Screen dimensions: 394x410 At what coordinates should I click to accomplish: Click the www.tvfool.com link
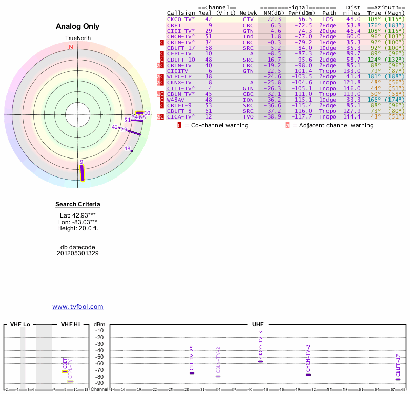pos(78,307)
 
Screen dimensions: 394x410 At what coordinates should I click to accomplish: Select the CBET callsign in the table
pos(174,25)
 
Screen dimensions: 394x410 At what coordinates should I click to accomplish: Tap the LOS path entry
pos(327,19)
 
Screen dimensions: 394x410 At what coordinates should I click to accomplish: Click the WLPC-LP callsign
pos(179,76)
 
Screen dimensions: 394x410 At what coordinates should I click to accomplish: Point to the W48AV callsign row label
pos(176,100)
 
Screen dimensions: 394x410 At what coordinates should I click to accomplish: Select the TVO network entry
pos(248,117)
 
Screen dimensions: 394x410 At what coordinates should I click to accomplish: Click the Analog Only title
pos(78,26)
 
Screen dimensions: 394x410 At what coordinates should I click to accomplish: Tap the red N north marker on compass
pos(71,47)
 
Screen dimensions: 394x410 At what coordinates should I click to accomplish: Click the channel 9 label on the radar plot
pos(81,162)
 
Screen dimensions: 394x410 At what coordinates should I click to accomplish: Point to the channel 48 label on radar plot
pos(128,149)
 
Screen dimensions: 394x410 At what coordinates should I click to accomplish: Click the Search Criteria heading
pos(78,205)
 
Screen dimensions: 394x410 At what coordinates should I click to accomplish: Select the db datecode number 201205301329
pos(78,253)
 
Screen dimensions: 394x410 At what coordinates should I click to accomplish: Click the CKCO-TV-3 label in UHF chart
pos(261,344)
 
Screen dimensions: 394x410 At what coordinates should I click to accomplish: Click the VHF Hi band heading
pos(71,325)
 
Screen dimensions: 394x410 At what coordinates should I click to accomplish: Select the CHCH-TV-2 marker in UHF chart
pos(308,375)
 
